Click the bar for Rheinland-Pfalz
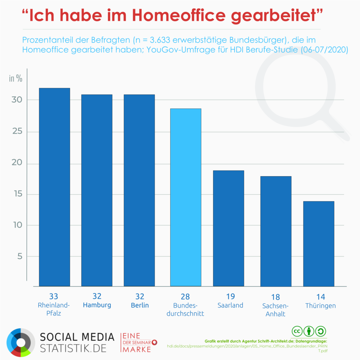point(54,187)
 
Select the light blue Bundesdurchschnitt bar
point(186,197)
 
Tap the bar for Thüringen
point(319,243)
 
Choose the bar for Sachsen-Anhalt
point(276,231)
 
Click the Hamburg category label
point(97,305)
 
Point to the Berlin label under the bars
point(140,305)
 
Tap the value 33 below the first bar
point(54,296)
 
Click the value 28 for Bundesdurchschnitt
point(185,296)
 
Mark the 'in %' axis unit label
point(15,78)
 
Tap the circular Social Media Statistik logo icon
point(20,342)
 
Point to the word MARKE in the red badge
point(136,349)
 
